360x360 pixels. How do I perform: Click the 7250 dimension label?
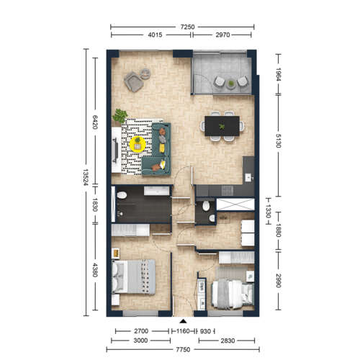point(187,27)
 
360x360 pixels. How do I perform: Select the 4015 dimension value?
point(155,35)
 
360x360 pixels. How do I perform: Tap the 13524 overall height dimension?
point(86,177)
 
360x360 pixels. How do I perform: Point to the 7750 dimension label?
point(183,349)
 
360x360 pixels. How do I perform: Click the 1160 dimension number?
point(183,331)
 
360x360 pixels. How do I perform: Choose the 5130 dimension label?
point(279,140)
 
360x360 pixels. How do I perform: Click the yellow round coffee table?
point(138,144)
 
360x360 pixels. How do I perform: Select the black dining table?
point(222,126)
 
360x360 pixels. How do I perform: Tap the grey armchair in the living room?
point(134,81)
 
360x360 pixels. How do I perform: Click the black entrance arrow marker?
point(184,321)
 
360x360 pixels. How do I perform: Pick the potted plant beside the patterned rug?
point(120,116)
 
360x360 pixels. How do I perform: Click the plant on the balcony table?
point(231,84)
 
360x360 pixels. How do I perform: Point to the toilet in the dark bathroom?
point(122,195)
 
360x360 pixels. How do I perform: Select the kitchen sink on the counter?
point(248,178)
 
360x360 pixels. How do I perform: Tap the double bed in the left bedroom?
point(133,276)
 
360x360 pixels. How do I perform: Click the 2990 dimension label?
point(279,280)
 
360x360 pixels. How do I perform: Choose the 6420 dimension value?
point(95,122)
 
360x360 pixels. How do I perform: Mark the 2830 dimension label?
point(228,341)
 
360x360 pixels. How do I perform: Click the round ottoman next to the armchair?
point(145,73)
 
